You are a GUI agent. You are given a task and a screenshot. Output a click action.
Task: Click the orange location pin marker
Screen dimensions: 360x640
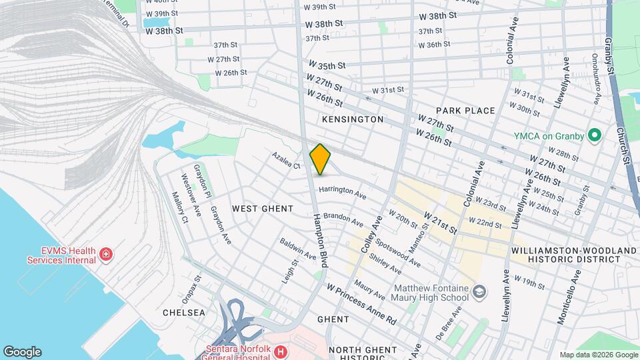[320, 159]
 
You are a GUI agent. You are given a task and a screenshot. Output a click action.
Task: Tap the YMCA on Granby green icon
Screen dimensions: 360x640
[593, 136]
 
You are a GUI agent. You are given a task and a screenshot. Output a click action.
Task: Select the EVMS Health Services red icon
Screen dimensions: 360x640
[105, 254]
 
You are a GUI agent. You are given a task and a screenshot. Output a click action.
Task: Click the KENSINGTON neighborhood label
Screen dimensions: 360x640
[353, 119]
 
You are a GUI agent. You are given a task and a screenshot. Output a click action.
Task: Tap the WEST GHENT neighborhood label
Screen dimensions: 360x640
[263, 209]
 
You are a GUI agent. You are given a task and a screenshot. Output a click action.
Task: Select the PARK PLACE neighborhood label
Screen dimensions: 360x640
[465, 111]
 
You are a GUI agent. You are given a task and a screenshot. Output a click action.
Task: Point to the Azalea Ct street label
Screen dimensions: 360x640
[286, 161]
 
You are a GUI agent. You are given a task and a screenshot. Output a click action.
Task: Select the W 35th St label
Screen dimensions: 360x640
[327, 66]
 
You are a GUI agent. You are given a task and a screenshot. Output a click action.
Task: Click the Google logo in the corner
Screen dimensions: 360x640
[22, 351]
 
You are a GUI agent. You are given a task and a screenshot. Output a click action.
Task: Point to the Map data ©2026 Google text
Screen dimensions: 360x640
[597, 355]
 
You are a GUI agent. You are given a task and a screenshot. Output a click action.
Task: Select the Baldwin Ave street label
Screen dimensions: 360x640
[297, 249]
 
